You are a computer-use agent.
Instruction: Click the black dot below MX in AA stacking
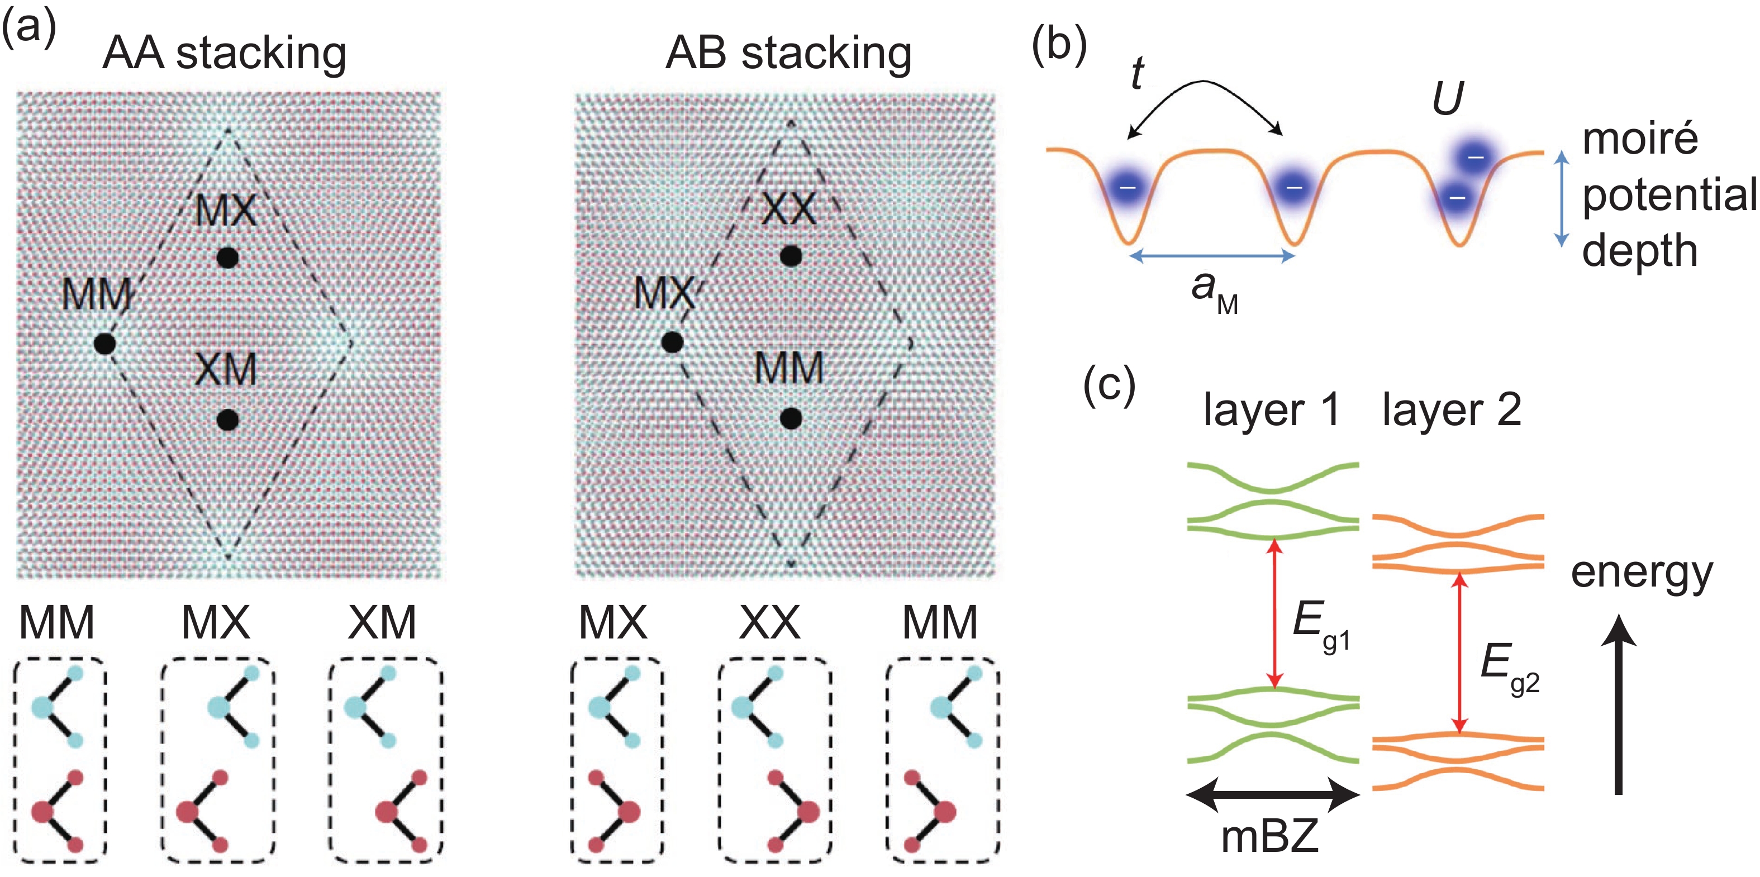pos(227,258)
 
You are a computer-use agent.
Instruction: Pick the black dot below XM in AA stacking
pos(227,420)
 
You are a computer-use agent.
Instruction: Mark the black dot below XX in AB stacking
pos(791,257)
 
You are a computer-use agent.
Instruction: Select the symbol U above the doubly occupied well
pos(1447,99)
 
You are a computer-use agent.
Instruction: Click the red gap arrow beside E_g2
pos(1459,652)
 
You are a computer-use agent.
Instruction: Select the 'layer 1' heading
pos(1271,411)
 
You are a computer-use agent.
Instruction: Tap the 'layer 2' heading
pos(1452,411)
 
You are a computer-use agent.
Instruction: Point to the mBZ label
pos(1269,837)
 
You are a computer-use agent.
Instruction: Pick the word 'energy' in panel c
pos(1642,573)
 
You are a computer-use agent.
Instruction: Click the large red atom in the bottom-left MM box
pos(42,812)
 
